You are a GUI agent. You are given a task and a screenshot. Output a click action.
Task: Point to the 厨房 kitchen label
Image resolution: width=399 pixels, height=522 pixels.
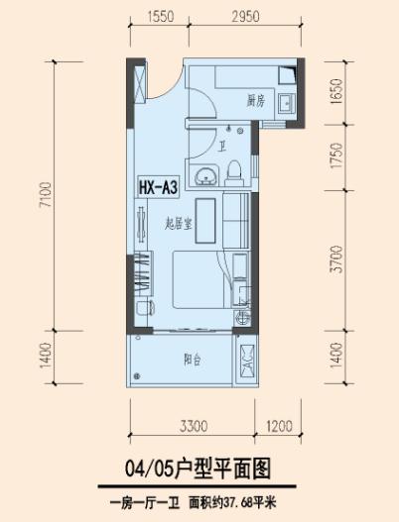click(x=255, y=101)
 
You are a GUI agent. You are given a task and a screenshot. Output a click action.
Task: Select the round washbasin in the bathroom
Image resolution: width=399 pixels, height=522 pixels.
click(x=206, y=177)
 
